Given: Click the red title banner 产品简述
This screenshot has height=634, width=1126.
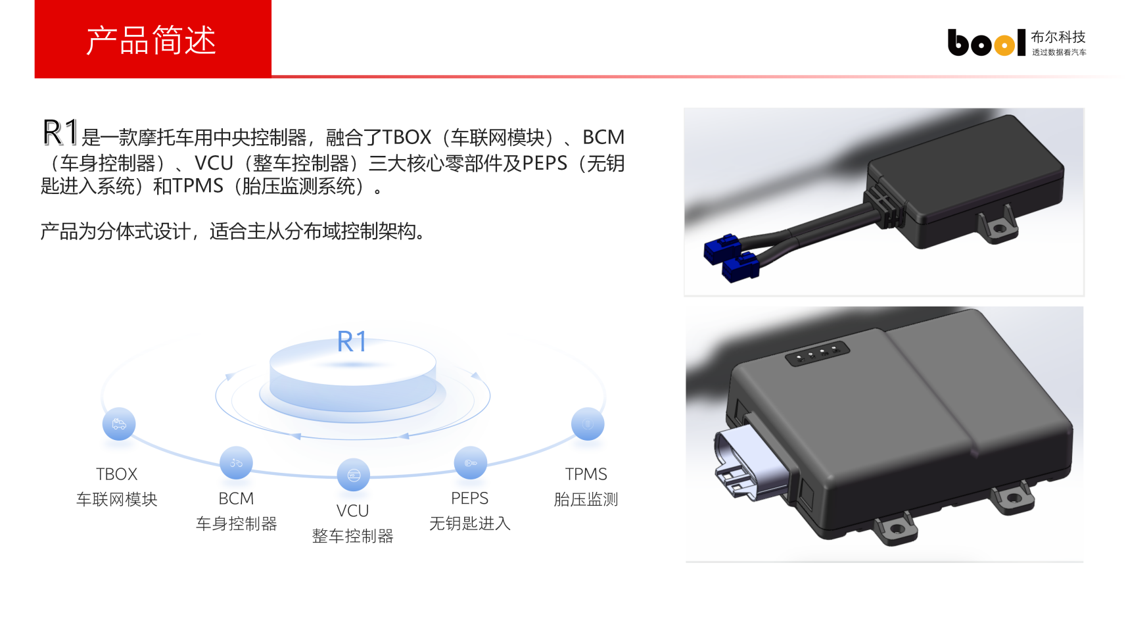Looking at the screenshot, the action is pyautogui.click(x=152, y=39).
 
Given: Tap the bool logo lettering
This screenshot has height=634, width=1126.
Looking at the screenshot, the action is pyautogui.click(x=986, y=42).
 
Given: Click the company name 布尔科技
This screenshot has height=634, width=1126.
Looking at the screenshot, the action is pyautogui.click(x=1058, y=37).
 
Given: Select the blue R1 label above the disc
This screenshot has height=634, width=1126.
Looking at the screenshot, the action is pyautogui.click(x=352, y=342).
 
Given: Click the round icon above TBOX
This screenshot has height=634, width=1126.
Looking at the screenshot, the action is pyautogui.click(x=118, y=424).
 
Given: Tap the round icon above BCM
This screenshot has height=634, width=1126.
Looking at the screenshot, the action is pyautogui.click(x=236, y=462).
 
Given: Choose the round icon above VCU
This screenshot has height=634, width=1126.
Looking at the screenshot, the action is pyautogui.click(x=354, y=475).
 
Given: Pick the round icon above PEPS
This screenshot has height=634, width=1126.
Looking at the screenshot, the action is pyautogui.click(x=471, y=462).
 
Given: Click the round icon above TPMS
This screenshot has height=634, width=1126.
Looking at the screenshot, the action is pyautogui.click(x=588, y=424).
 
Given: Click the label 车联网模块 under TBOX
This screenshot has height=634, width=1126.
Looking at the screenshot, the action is pyautogui.click(x=116, y=499).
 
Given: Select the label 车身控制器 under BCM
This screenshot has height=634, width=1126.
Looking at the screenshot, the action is pyautogui.click(x=236, y=524).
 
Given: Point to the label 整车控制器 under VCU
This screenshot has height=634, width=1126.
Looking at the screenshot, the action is pyautogui.click(x=353, y=536).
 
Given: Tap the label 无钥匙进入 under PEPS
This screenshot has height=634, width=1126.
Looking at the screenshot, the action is pyautogui.click(x=470, y=524).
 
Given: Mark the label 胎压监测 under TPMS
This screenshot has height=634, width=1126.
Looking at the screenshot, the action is pyautogui.click(x=586, y=499).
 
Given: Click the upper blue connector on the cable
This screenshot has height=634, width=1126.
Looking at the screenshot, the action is pyautogui.click(x=722, y=249).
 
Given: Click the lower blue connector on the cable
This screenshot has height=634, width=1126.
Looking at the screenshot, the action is pyautogui.click(x=740, y=267).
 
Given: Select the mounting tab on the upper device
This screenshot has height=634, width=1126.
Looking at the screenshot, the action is pyautogui.click(x=998, y=225).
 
